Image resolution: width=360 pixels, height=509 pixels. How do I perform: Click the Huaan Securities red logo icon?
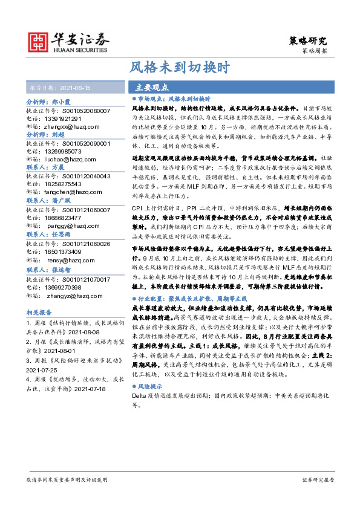[x=41, y=42]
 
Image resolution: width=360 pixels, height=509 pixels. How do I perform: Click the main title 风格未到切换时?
[x=180, y=67]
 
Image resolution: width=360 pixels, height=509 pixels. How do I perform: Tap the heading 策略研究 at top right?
[x=306, y=41]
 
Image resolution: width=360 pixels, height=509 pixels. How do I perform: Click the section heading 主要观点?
[x=152, y=87]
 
